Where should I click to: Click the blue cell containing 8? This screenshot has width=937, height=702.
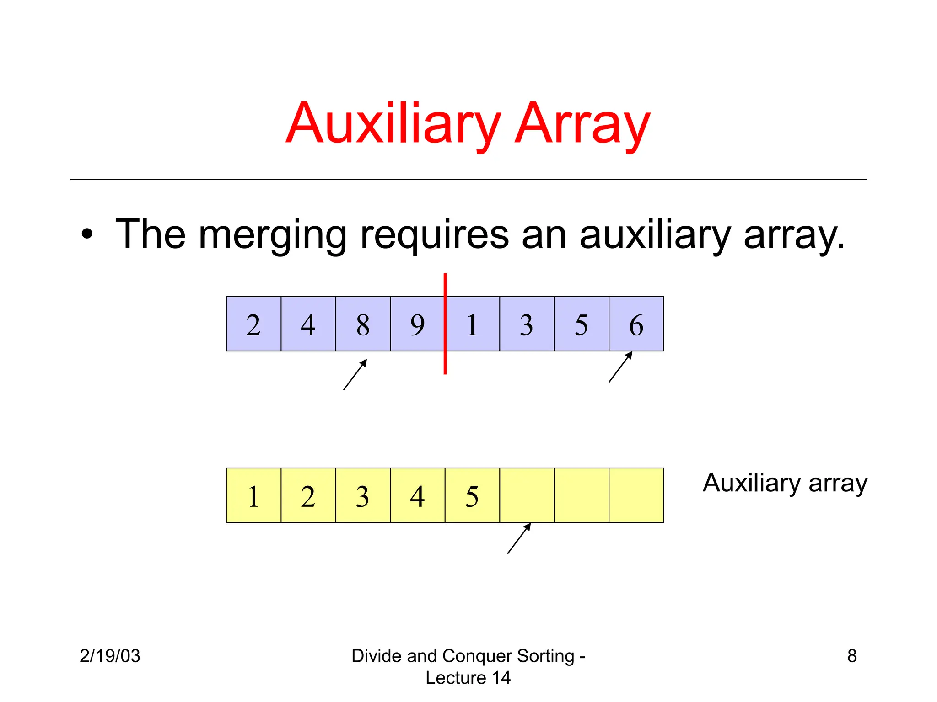[363, 324]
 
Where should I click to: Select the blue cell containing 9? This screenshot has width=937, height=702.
[417, 324]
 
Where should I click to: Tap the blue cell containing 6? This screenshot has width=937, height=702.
[636, 324]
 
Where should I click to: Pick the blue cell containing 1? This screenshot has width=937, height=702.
[472, 324]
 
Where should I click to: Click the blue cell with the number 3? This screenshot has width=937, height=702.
[527, 324]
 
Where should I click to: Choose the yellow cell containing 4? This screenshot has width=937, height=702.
[417, 495]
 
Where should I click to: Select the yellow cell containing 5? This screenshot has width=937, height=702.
[472, 495]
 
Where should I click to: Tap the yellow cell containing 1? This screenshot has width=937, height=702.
[253, 495]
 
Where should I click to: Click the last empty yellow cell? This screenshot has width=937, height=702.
[636, 495]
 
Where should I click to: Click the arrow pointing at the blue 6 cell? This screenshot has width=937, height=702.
[621, 367]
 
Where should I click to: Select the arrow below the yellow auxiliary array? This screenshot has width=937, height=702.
[519, 538]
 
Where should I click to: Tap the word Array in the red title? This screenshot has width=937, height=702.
[582, 123]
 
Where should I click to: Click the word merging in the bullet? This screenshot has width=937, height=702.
[273, 235]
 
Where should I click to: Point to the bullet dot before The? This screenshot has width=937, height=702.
[87, 234]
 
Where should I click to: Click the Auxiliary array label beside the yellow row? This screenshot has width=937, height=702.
[785, 483]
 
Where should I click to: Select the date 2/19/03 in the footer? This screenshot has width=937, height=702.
[110, 656]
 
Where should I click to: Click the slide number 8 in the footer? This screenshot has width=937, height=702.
[852, 656]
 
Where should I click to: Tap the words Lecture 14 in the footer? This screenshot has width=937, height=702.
[468, 678]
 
